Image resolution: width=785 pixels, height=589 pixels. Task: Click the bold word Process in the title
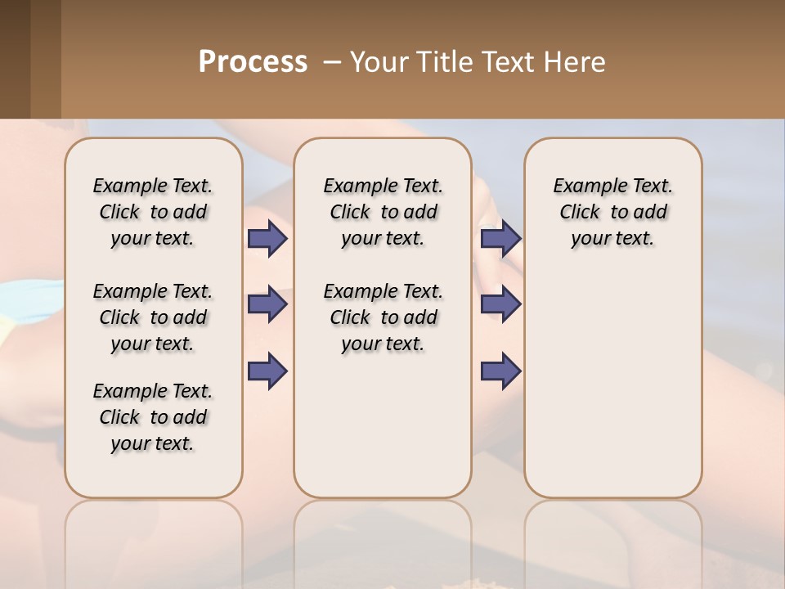click(x=253, y=62)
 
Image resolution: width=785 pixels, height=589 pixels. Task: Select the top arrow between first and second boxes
click(x=267, y=238)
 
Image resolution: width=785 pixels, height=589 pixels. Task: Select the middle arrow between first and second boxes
click(x=267, y=304)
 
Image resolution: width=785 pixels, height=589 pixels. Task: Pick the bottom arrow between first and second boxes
click(x=267, y=371)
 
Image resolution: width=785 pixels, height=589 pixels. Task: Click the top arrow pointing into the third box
click(x=500, y=238)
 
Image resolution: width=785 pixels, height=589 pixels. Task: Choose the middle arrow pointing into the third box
click(x=500, y=304)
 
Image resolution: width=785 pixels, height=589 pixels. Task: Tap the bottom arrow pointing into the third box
click(x=500, y=371)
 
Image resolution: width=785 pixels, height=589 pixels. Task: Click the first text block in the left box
click(x=153, y=212)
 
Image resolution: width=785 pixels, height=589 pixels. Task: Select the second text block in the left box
click(x=153, y=317)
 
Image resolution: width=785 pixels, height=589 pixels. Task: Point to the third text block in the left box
click(x=153, y=417)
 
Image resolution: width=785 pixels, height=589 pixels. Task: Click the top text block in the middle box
click(x=383, y=212)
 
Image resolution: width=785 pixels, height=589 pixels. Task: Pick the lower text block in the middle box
click(x=383, y=317)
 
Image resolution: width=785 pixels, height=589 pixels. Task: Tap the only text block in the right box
click(x=612, y=212)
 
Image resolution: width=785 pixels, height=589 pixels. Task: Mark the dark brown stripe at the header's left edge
click(x=15, y=59)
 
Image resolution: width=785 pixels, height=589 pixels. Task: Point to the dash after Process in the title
click(x=331, y=62)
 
